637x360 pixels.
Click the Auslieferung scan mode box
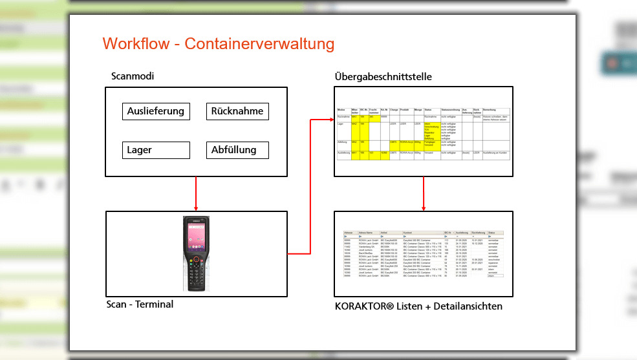pyautogui.click(x=155, y=111)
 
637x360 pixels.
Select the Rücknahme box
pyautogui.click(x=237, y=111)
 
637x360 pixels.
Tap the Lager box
pyautogui.click(x=155, y=150)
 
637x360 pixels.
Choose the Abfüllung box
pyautogui.click(x=237, y=150)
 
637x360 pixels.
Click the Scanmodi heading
pyautogui.click(x=133, y=76)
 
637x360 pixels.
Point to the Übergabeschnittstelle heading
pyautogui.click(x=383, y=77)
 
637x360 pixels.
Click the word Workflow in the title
pyautogui.click(x=140, y=44)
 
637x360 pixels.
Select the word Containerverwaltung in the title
pyautogui.click(x=259, y=44)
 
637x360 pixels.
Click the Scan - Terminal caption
pyautogui.click(x=140, y=304)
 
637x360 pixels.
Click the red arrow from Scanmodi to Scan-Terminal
pyautogui.click(x=196, y=193)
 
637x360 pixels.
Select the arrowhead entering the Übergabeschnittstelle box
pyautogui.click(x=330, y=120)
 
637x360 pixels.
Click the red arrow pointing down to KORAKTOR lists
pyautogui.click(x=424, y=194)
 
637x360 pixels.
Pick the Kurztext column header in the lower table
pyautogui.click(x=408, y=232)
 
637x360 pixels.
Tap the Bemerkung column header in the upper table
pyautogui.click(x=490, y=111)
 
